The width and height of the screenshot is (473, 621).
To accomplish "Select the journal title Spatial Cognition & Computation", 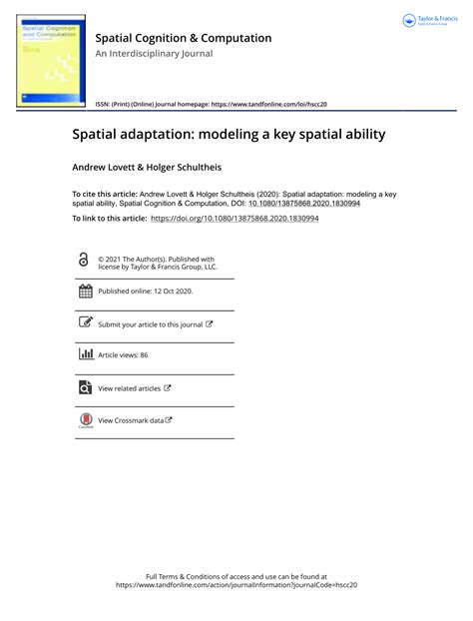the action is tap(183, 38).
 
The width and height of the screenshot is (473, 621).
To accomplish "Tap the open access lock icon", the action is tap(83, 259).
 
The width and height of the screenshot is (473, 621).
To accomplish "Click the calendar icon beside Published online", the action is tap(84, 292).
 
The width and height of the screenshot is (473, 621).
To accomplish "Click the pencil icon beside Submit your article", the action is tap(84, 323).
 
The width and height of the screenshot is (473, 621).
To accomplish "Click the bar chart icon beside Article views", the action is tap(84, 354).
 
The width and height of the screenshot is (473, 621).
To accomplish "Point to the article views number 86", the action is tap(144, 355).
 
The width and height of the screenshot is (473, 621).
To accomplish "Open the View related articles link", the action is tap(129, 388).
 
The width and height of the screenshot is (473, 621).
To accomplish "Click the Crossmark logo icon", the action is tap(84, 421).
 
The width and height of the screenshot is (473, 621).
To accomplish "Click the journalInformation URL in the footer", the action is tap(236, 586).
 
